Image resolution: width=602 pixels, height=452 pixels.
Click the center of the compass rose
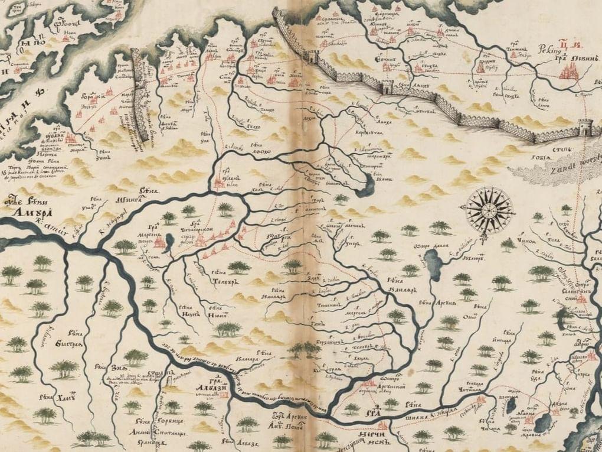(489, 210)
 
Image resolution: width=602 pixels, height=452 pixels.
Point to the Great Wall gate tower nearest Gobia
(584, 126)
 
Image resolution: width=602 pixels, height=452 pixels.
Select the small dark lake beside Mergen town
(170, 240)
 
